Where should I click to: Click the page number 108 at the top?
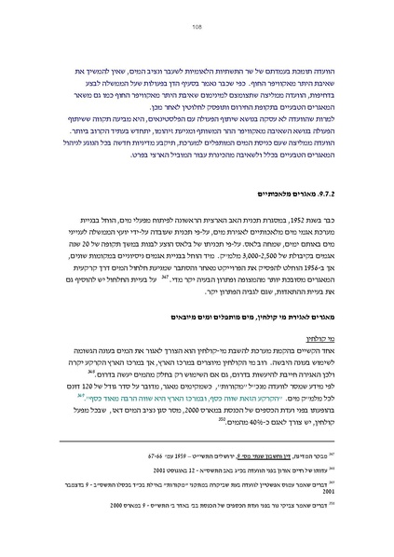tap(197, 27)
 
